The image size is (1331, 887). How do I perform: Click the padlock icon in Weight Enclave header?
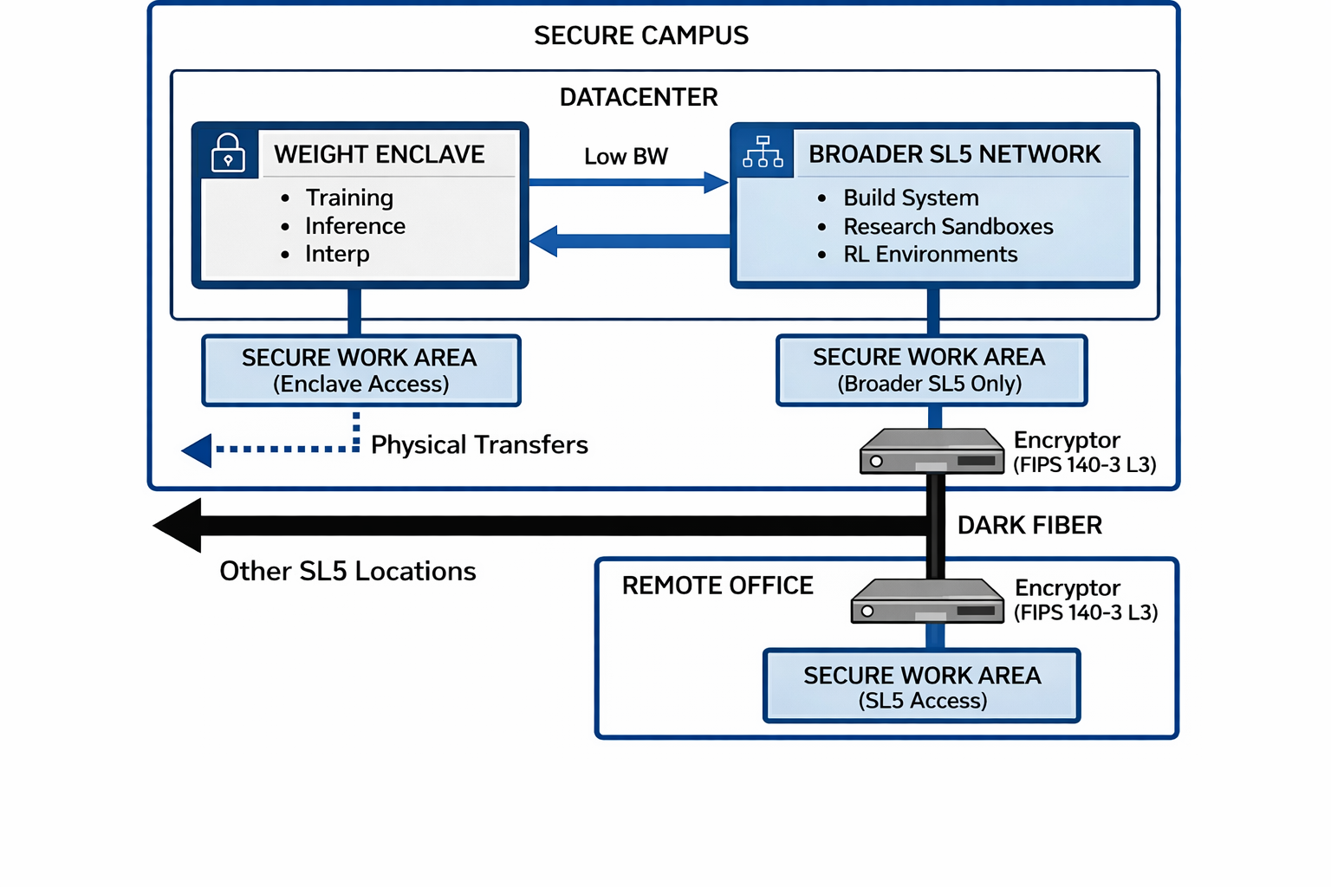pos(228,153)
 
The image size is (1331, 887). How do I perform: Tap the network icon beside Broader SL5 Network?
pos(763,152)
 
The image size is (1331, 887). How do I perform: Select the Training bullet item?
pos(348,197)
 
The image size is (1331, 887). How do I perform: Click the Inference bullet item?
pos(354,226)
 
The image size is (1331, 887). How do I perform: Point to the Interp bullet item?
pos(336,254)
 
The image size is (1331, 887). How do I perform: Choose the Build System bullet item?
pos(910,197)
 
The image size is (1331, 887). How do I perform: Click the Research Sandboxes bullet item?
pos(947,226)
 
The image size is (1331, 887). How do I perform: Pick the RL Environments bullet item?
pos(930,254)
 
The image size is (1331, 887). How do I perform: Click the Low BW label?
pos(626,157)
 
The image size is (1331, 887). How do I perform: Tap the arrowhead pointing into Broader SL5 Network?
pos(716,182)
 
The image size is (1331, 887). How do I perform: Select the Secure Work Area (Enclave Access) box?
pos(360,371)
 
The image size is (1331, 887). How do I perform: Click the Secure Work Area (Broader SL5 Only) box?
pos(931,371)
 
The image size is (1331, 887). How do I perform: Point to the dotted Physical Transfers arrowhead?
pos(198,450)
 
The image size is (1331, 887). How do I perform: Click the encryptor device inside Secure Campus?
pos(932,451)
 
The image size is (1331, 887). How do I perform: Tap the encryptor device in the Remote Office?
pos(927,601)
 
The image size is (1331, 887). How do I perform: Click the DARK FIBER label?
pos(1029,525)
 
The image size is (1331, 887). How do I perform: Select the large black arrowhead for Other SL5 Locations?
pos(179,525)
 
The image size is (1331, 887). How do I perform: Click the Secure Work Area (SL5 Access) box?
pos(922,686)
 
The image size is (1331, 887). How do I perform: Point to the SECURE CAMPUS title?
pos(640,36)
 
